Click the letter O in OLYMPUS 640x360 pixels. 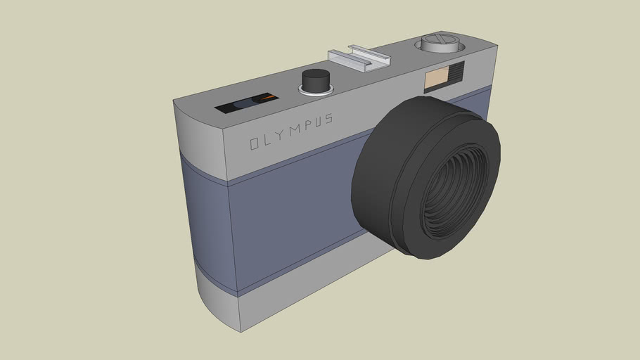255,143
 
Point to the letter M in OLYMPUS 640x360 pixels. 295,131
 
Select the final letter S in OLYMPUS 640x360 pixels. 329,120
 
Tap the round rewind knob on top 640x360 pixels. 438,44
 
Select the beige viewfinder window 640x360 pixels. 435,79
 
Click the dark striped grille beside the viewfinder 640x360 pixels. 454,74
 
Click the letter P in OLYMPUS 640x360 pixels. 307,127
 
